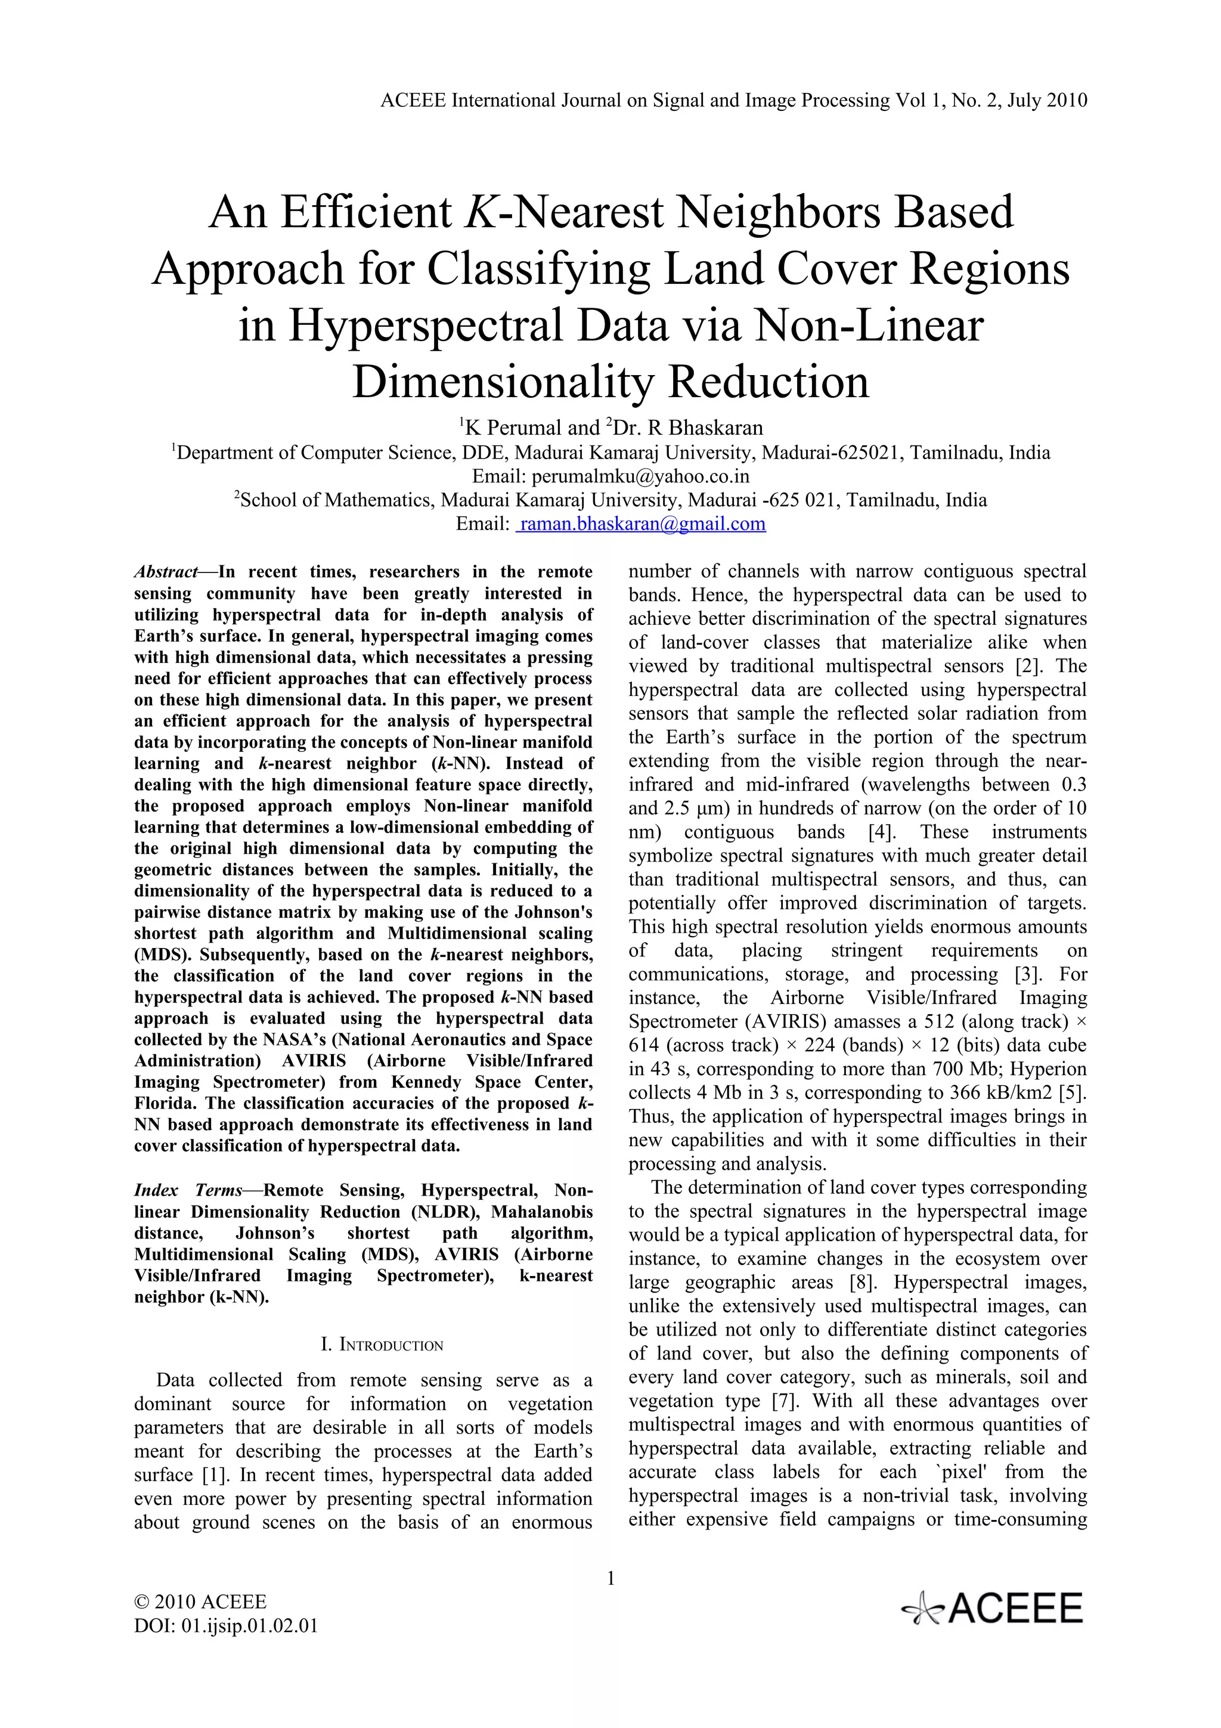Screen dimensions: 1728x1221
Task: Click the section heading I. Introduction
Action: [x=382, y=1345]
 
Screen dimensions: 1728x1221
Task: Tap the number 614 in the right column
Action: [x=644, y=1045]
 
